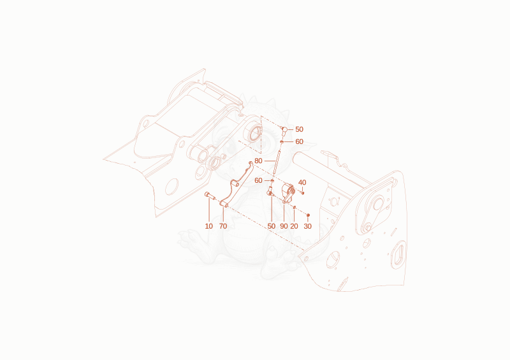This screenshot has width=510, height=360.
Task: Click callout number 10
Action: pos(209,226)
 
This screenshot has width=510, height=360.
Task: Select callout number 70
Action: pos(223,226)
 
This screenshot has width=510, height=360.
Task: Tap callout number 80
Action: pos(258,161)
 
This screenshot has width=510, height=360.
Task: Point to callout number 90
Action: pos(284,226)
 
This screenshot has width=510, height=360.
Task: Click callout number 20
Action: pos(294,226)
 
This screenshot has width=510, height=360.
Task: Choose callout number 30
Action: pos(308,226)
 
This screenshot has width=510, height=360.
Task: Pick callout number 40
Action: pos(302,182)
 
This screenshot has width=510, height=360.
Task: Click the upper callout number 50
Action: pos(299,129)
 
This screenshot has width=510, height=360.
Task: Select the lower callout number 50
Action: pos(272,226)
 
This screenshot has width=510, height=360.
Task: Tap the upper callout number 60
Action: pos(299,141)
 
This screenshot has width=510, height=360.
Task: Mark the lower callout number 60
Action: pos(258,180)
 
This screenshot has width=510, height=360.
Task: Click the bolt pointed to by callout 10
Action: pos(210,196)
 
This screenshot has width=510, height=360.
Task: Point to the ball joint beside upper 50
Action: pos(284,130)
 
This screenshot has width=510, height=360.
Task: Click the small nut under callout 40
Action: pos(302,193)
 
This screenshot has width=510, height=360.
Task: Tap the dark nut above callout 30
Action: pos(308,215)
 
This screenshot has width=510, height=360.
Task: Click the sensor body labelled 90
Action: pos(288,193)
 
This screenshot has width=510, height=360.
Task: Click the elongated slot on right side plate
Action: pos(399,255)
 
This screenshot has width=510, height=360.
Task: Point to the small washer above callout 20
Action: pos(295,207)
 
